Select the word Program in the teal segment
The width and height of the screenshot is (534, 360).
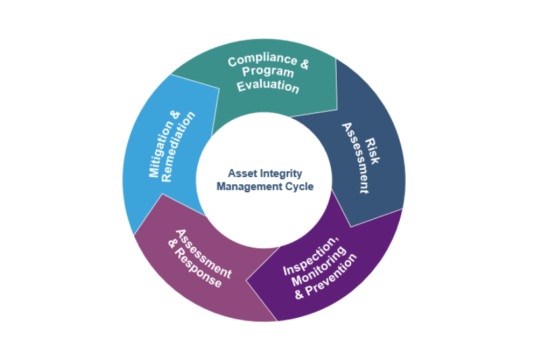pos(268,72)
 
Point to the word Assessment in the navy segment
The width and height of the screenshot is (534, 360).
pos(355,159)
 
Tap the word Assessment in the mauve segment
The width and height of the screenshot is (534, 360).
pos(203,253)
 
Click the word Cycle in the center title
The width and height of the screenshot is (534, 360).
pos(299,186)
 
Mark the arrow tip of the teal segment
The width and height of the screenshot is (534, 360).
pos(337,109)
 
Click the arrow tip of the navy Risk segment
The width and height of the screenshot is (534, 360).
pos(351,226)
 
